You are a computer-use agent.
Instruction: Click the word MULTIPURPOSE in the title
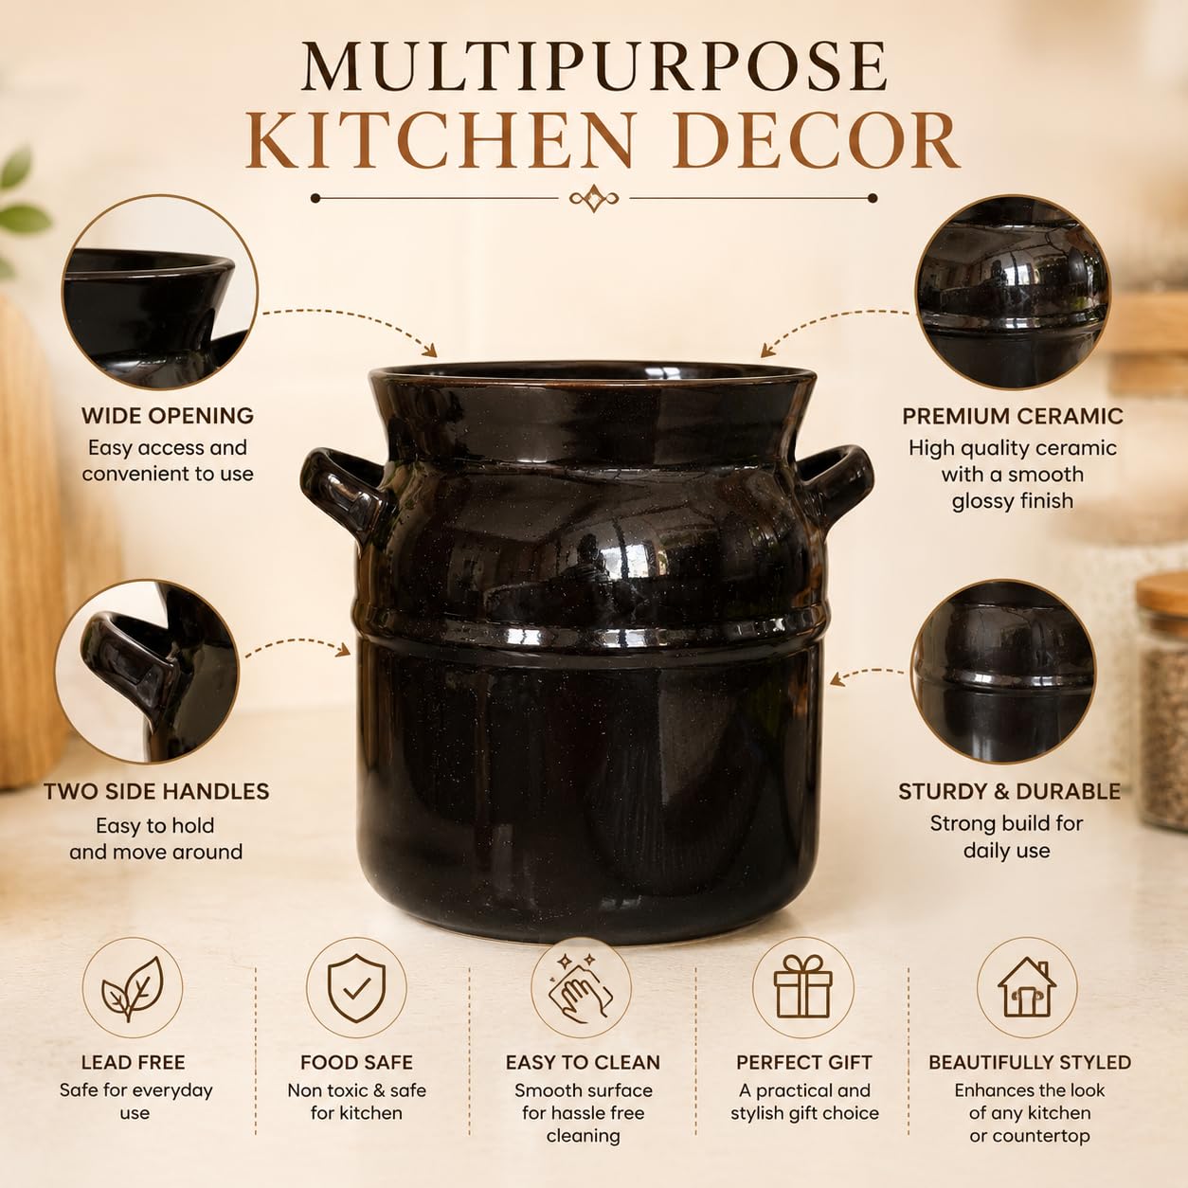(x=594, y=67)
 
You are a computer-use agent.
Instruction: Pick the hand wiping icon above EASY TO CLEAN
(x=582, y=988)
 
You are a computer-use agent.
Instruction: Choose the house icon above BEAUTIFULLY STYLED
(x=1027, y=987)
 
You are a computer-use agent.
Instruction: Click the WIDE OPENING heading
(x=168, y=416)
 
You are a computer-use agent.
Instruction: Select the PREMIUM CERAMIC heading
(x=1013, y=416)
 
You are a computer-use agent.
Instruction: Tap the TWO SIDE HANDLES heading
(x=156, y=792)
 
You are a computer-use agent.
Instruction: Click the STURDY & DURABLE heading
(x=1009, y=792)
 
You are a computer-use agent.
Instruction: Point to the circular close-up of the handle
(x=147, y=672)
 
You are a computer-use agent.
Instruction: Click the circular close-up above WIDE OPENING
(x=160, y=292)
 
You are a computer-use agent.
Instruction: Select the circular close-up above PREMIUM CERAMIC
(x=1012, y=292)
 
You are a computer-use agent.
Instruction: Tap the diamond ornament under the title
(x=594, y=198)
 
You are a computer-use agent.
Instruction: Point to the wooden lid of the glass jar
(x=1162, y=598)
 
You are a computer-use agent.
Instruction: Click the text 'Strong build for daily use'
(x=1006, y=837)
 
